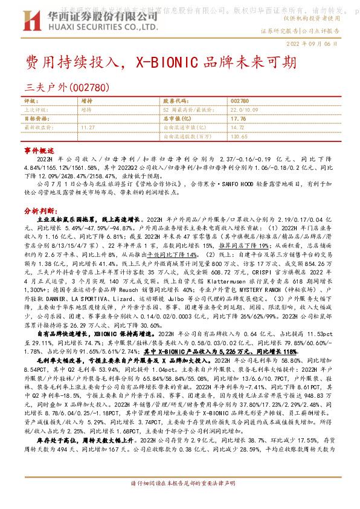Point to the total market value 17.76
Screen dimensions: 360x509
tap(238, 118)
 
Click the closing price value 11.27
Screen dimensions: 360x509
tap(88, 128)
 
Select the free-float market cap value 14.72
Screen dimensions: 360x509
tap(238, 128)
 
